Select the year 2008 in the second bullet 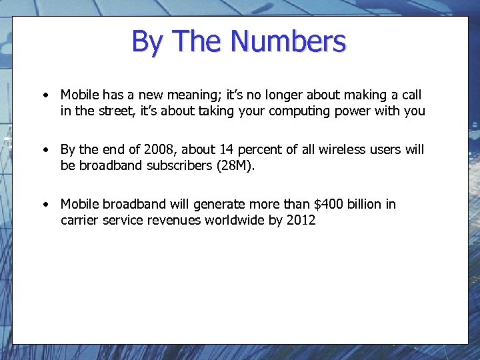tap(158, 150)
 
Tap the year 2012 tap(301, 220)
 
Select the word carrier tap(79, 220)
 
